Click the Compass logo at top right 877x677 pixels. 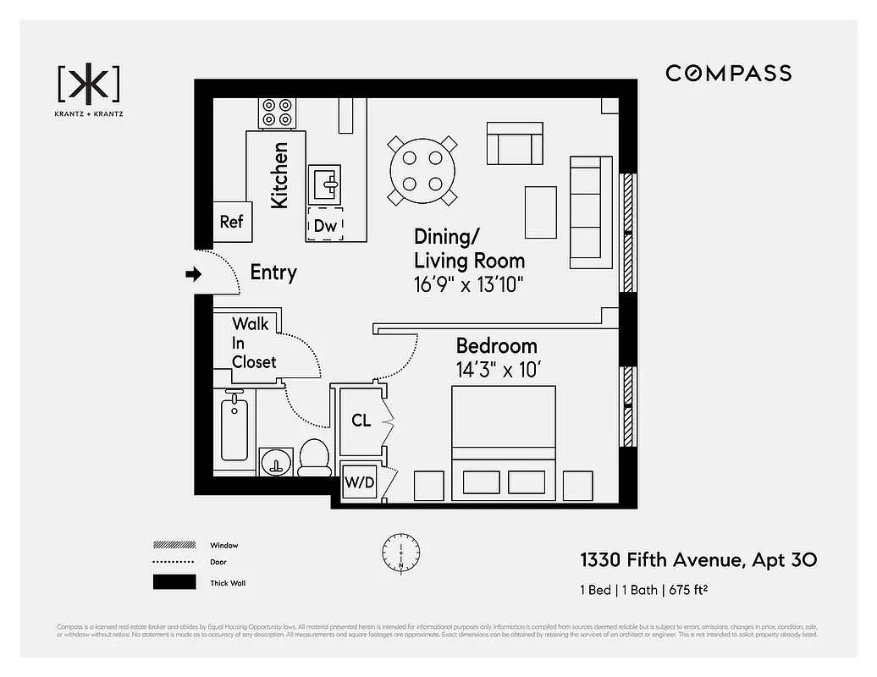(x=728, y=73)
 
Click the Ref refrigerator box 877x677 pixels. (x=231, y=221)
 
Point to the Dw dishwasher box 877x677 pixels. (x=325, y=225)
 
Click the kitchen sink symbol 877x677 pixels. (x=324, y=181)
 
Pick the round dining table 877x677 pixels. (x=422, y=170)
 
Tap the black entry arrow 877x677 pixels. (x=194, y=273)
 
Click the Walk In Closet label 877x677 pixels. (x=254, y=343)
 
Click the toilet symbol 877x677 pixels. (x=315, y=457)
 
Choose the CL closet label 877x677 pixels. (x=361, y=421)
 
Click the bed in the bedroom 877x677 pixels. (x=504, y=440)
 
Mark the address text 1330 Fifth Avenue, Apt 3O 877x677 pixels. (x=698, y=559)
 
